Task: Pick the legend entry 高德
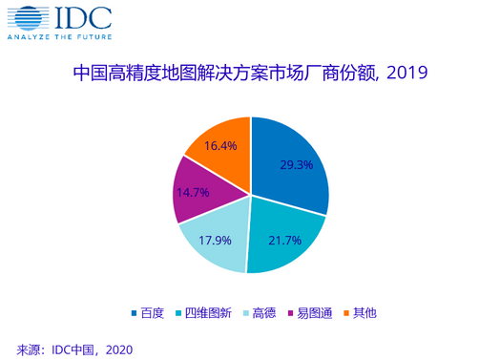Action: pyautogui.click(x=267, y=312)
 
